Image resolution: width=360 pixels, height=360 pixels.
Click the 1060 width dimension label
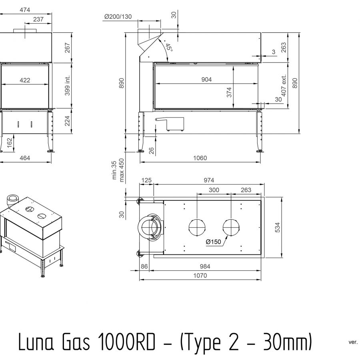point(200,158)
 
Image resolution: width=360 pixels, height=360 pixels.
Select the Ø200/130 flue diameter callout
point(118,16)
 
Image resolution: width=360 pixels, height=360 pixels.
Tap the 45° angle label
point(169,47)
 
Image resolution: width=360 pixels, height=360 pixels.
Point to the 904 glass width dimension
point(206,80)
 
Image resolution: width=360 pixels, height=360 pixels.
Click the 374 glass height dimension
point(229,92)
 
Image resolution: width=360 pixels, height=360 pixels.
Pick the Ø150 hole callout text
point(213,242)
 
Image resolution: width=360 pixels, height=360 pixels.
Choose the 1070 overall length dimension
point(200,276)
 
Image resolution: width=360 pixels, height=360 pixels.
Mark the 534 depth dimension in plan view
point(278,227)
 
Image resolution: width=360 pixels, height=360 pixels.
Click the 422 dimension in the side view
point(25,80)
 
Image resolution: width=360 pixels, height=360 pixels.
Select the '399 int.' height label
point(67,86)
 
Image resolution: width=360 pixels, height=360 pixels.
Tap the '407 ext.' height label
point(284,86)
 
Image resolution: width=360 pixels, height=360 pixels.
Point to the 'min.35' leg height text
point(114,170)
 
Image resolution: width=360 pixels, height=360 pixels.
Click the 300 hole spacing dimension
point(214,190)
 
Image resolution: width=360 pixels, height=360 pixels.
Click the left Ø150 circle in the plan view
point(197,227)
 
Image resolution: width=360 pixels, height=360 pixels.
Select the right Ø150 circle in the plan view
point(231,227)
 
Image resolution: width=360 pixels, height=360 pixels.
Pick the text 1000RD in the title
point(126,342)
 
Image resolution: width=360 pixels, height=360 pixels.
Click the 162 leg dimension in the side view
point(10,143)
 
